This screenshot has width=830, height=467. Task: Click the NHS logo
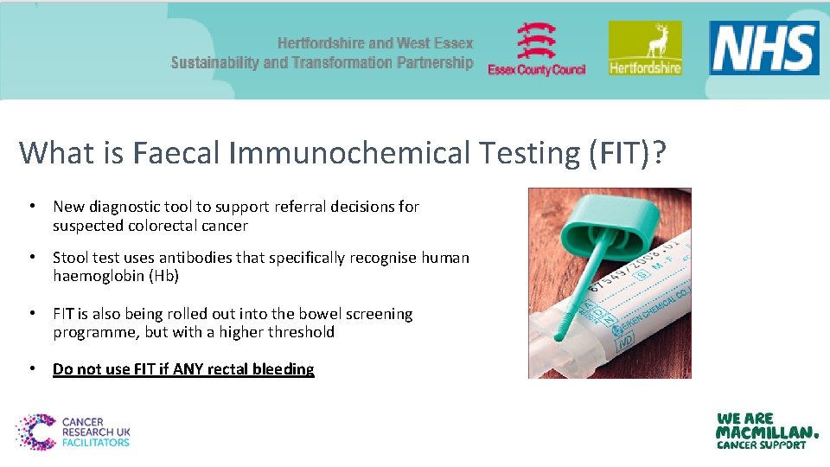tap(764, 48)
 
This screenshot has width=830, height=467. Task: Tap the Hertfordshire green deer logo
tap(644, 48)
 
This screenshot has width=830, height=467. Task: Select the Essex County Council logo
tap(537, 49)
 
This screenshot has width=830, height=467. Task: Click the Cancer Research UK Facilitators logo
tap(73, 431)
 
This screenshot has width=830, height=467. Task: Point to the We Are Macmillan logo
tap(766, 431)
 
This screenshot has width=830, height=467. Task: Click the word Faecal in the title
tap(178, 153)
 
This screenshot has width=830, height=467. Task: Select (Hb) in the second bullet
tap(164, 276)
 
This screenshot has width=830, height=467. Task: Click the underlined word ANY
tap(188, 369)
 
